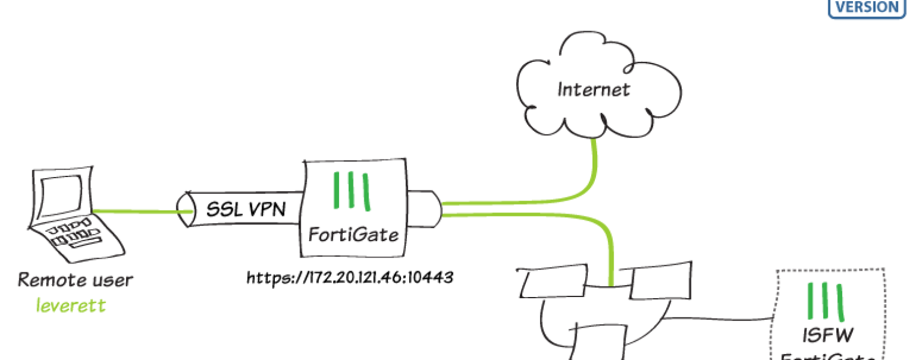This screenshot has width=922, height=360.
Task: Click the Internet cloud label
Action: [593, 90]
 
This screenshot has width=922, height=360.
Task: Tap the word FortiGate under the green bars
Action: [353, 234]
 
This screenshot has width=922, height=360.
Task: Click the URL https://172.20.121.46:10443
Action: [349, 278]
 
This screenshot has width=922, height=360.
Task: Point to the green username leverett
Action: [70, 305]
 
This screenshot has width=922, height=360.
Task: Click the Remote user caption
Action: [75, 280]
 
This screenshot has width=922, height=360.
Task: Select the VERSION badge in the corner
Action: [866, 8]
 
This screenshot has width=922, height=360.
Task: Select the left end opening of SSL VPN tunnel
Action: [185, 209]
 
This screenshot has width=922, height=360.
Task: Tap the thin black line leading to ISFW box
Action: [720, 317]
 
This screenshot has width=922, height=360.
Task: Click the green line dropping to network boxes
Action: [610, 258]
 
